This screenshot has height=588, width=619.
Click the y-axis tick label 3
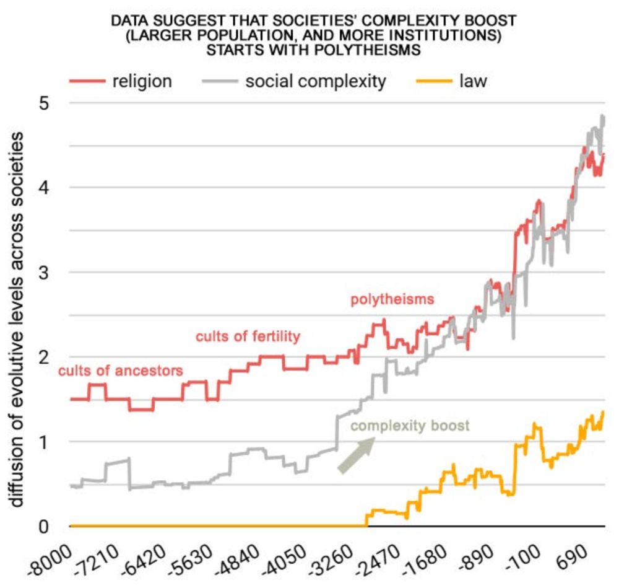tap(44, 273)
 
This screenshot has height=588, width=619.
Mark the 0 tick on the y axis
tap(44, 527)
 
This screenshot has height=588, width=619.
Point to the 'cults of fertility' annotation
tap(248, 336)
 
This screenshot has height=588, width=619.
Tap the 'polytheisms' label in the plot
tap(392, 300)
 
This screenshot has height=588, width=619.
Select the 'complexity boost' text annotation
tap(410, 426)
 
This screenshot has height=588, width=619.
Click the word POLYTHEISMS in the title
tap(370, 50)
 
